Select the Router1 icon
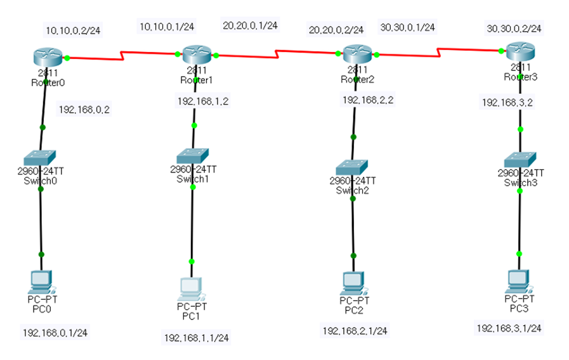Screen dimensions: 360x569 point(197,55)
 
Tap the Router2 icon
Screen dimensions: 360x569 point(356,54)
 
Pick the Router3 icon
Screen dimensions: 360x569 point(519,51)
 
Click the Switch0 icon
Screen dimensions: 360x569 point(41,157)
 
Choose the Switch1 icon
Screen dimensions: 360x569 point(193,155)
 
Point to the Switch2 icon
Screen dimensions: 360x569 point(353,167)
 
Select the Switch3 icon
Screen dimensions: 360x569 point(520,158)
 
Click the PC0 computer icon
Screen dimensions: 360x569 point(41,281)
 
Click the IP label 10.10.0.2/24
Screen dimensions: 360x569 point(74,29)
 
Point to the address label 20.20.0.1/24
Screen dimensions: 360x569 point(250,25)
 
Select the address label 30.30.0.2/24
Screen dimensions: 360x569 point(514,29)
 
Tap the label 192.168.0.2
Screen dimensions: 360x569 point(84,110)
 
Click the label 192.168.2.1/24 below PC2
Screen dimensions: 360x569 point(355,330)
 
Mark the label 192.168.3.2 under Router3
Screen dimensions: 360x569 point(507,101)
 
